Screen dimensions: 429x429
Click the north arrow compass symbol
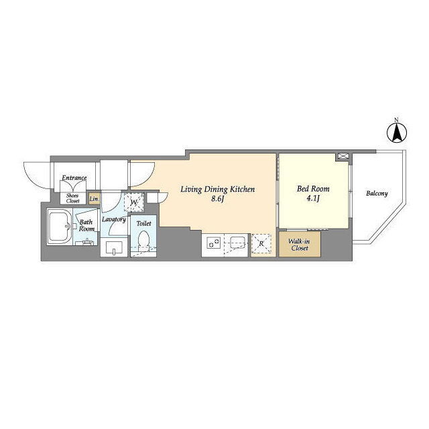click(396, 133)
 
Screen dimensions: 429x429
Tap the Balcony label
click(377, 194)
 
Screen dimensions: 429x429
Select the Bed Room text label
click(313, 188)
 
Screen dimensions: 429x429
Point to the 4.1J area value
click(313, 198)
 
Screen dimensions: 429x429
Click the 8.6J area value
click(217, 199)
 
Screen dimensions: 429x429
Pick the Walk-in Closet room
click(300, 244)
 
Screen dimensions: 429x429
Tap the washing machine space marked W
click(134, 202)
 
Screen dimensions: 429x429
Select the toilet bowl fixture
click(143, 239)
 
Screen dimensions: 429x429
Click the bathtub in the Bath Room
click(60, 227)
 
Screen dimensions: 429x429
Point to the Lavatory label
click(114, 219)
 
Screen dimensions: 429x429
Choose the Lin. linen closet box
click(94, 199)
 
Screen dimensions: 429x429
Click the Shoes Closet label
click(72, 198)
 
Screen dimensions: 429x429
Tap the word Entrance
click(74, 178)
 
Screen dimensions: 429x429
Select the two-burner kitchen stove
click(213, 243)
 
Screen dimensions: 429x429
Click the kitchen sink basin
click(237, 242)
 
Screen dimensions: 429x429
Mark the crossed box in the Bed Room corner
click(343, 156)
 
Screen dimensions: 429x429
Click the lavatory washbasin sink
click(114, 247)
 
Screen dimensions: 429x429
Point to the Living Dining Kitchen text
click(217, 189)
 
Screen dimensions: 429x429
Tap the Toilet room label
click(143, 223)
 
